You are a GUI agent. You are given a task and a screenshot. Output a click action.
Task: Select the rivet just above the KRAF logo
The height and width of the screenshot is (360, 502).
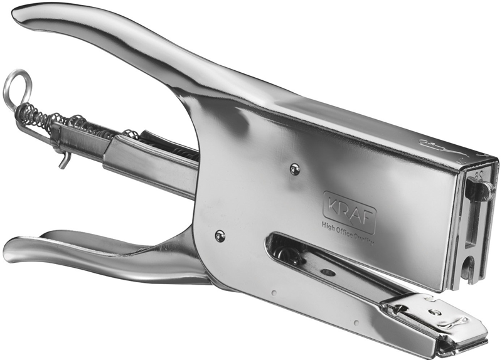click(294, 168)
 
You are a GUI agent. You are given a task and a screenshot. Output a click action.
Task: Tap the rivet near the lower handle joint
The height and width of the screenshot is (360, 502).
click(220, 236)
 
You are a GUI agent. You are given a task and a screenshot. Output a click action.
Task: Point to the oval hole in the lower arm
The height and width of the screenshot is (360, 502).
click(326, 273)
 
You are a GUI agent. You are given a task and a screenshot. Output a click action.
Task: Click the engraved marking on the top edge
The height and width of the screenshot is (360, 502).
click(439, 148)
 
